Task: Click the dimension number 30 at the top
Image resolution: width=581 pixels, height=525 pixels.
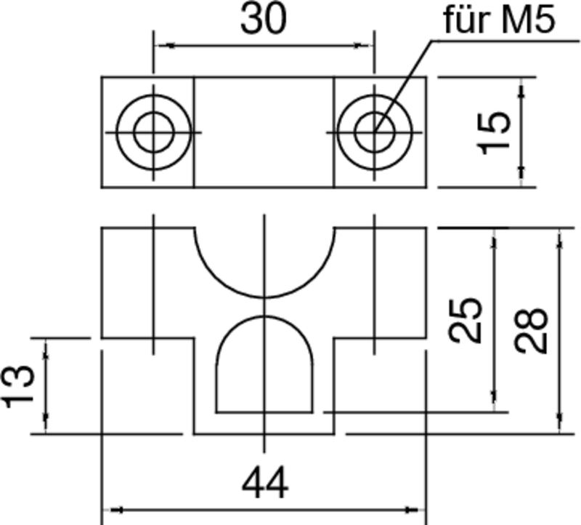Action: click(x=263, y=20)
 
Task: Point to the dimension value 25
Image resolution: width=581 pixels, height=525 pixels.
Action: click(x=465, y=320)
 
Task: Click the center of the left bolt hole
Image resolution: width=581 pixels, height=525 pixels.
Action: click(x=153, y=132)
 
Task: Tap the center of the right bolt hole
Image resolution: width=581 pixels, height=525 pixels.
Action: click(x=374, y=132)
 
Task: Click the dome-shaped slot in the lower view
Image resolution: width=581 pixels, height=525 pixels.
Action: click(x=265, y=367)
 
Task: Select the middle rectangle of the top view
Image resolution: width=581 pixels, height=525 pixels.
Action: click(x=264, y=132)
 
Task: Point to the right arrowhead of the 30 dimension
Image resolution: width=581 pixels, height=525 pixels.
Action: click(x=365, y=46)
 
